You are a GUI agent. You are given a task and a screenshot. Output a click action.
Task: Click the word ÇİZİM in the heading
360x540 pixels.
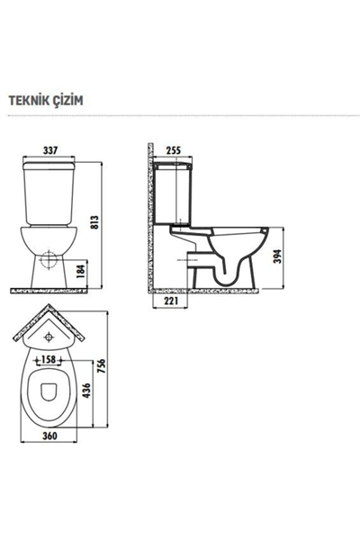[68, 102]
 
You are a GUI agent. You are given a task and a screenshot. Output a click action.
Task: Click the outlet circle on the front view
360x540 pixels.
[49, 268]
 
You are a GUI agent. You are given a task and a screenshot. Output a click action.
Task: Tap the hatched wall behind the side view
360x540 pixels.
[150, 225]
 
